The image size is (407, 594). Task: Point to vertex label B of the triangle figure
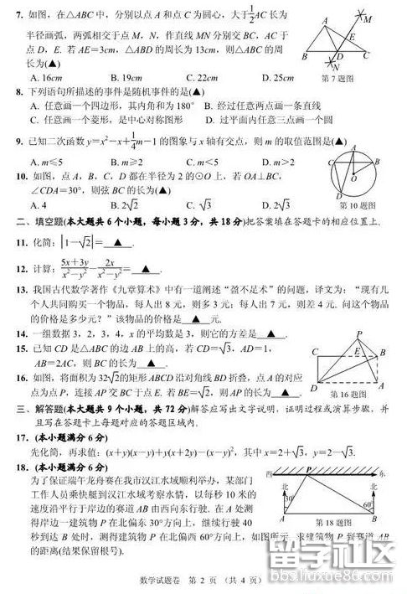(x=304, y=56)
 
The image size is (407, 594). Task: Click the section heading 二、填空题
(x=34, y=221)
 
